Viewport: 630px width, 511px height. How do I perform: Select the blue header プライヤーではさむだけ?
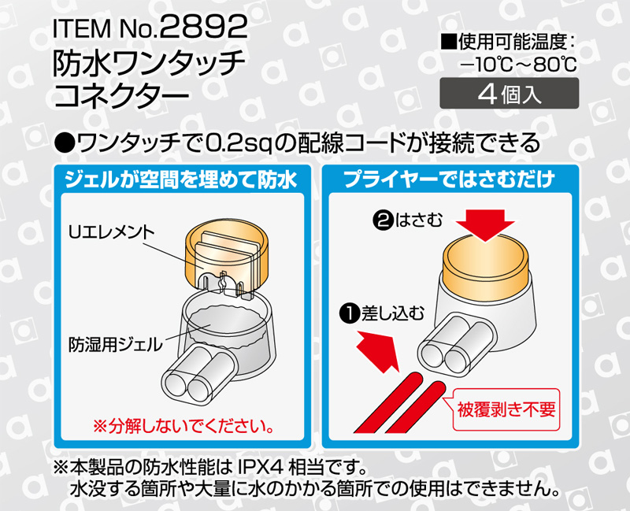coord(452,180)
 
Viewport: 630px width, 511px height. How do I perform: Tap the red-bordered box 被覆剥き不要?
coord(507,409)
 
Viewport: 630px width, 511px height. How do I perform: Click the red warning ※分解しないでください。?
coord(183,428)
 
